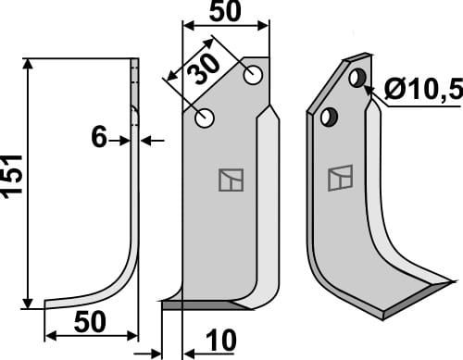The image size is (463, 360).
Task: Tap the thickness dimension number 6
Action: click(99, 138)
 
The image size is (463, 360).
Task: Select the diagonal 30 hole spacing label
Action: click(204, 69)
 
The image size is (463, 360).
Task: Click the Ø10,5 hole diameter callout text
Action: click(423, 89)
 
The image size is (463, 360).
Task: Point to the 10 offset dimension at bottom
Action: click(220, 341)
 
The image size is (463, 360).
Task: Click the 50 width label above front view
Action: click(225, 11)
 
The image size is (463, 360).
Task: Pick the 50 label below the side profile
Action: click(90, 322)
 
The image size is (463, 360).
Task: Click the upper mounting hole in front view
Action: click(253, 75)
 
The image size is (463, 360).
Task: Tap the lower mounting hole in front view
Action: click(205, 118)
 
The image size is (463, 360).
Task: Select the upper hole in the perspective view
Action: click(357, 78)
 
